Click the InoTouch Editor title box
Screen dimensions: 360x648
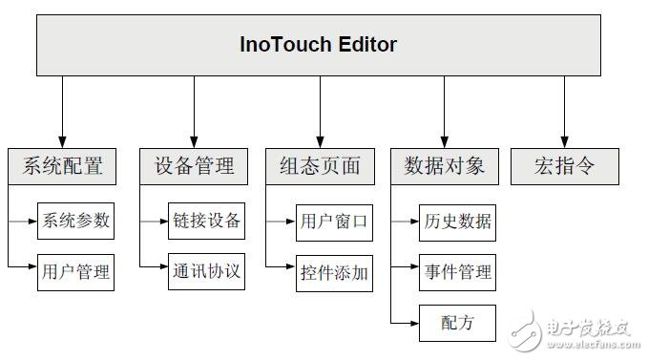[x=319, y=45]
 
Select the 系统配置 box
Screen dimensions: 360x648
[x=63, y=166]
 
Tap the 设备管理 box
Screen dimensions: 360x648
[x=194, y=166]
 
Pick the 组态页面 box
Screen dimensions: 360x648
[x=320, y=166]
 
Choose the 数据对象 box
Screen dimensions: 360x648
[x=445, y=166]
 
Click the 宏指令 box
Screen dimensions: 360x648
[x=565, y=166]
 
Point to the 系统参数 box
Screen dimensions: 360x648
[x=75, y=222]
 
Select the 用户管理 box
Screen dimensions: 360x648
[x=75, y=272]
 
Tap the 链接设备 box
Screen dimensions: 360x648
[x=206, y=222]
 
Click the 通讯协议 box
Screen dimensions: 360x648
[x=206, y=272]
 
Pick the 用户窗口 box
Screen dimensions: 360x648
[x=333, y=222]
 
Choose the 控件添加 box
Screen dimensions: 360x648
[x=333, y=273]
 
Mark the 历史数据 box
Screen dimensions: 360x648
[x=457, y=222]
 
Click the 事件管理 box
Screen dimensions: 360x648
[x=457, y=273]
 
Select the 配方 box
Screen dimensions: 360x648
[x=457, y=323]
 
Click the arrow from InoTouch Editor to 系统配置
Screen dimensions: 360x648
[x=63, y=112]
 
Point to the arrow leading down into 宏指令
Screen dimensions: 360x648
[x=564, y=112]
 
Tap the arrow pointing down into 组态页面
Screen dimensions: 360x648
[x=320, y=112]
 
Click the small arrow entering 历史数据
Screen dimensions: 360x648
[x=406, y=222]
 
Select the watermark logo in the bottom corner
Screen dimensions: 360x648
[x=574, y=328]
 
